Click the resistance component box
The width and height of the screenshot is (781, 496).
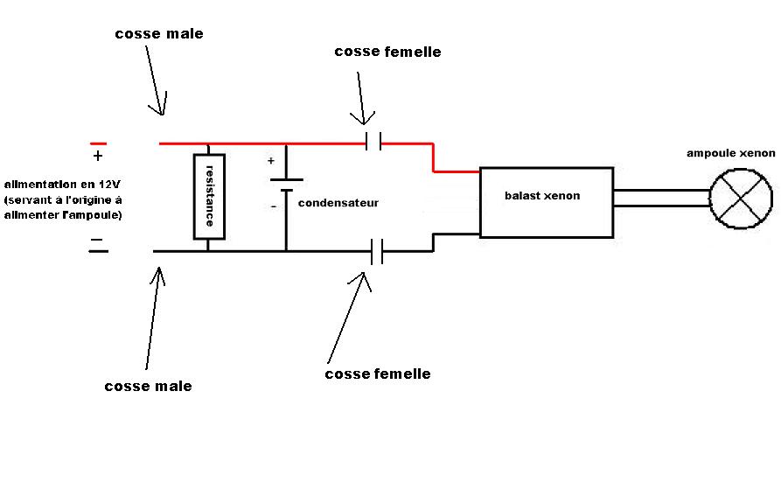click(x=209, y=196)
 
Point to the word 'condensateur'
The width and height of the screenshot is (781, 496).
click(x=338, y=203)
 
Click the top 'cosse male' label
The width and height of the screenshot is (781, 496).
click(x=158, y=34)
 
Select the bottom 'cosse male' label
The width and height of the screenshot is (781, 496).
click(x=148, y=386)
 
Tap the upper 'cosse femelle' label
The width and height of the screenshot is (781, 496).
click(x=387, y=52)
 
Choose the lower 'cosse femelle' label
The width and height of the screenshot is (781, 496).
click(x=377, y=374)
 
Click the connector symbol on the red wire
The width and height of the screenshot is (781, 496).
click(x=373, y=142)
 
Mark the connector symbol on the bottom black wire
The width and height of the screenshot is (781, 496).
click(x=377, y=251)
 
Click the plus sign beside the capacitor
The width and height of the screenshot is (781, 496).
click(x=271, y=161)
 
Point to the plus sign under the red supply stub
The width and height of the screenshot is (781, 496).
click(x=97, y=157)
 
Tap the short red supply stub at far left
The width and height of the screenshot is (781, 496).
click(x=98, y=143)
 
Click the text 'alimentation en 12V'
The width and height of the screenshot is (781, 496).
click(x=62, y=185)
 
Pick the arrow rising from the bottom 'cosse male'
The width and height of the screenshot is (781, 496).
click(x=154, y=315)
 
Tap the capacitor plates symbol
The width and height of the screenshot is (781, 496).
click(x=286, y=185)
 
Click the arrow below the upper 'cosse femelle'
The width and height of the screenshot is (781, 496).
click(x=359, y=96)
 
